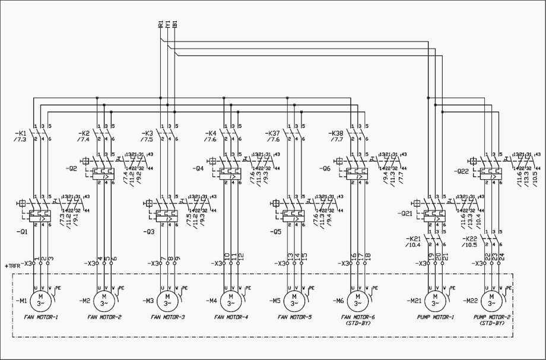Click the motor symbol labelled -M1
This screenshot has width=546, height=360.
click(x=40, y=300)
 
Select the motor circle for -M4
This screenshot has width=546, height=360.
click(x=230, y=300)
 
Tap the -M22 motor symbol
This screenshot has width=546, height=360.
click(x=492, y=300)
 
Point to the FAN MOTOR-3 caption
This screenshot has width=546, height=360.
click(x=167, y=317)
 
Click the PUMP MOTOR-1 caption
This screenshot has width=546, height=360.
click(x=436, y=317)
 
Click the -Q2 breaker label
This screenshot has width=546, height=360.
click(x=71, y=169)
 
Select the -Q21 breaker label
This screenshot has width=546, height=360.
click(x=405, y=213)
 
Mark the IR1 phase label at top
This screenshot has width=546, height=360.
click(x=160, y=26)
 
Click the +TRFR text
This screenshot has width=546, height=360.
click(x=12, y=265)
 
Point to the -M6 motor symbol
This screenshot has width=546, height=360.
click(x=357, y=300)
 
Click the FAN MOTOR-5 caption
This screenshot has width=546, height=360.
click(x=294, y=317)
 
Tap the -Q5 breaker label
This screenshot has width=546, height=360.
click(x=261, y=231)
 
